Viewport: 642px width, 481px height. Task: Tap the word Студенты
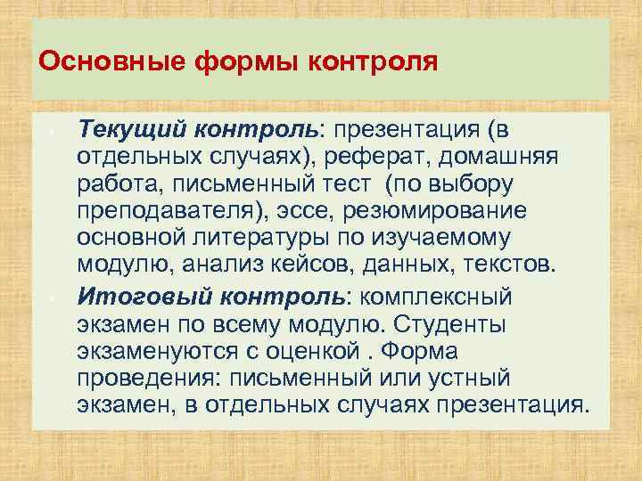click(x=440, y=323)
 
